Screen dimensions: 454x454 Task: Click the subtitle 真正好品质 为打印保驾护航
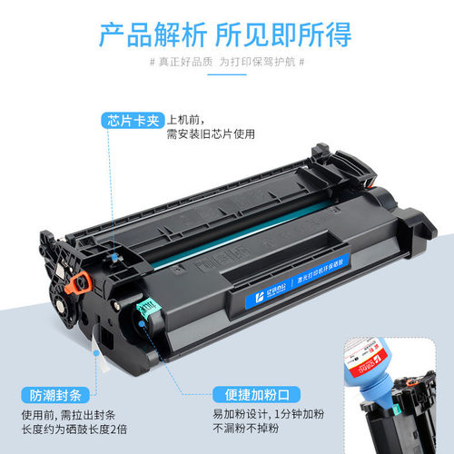[227, 62]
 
